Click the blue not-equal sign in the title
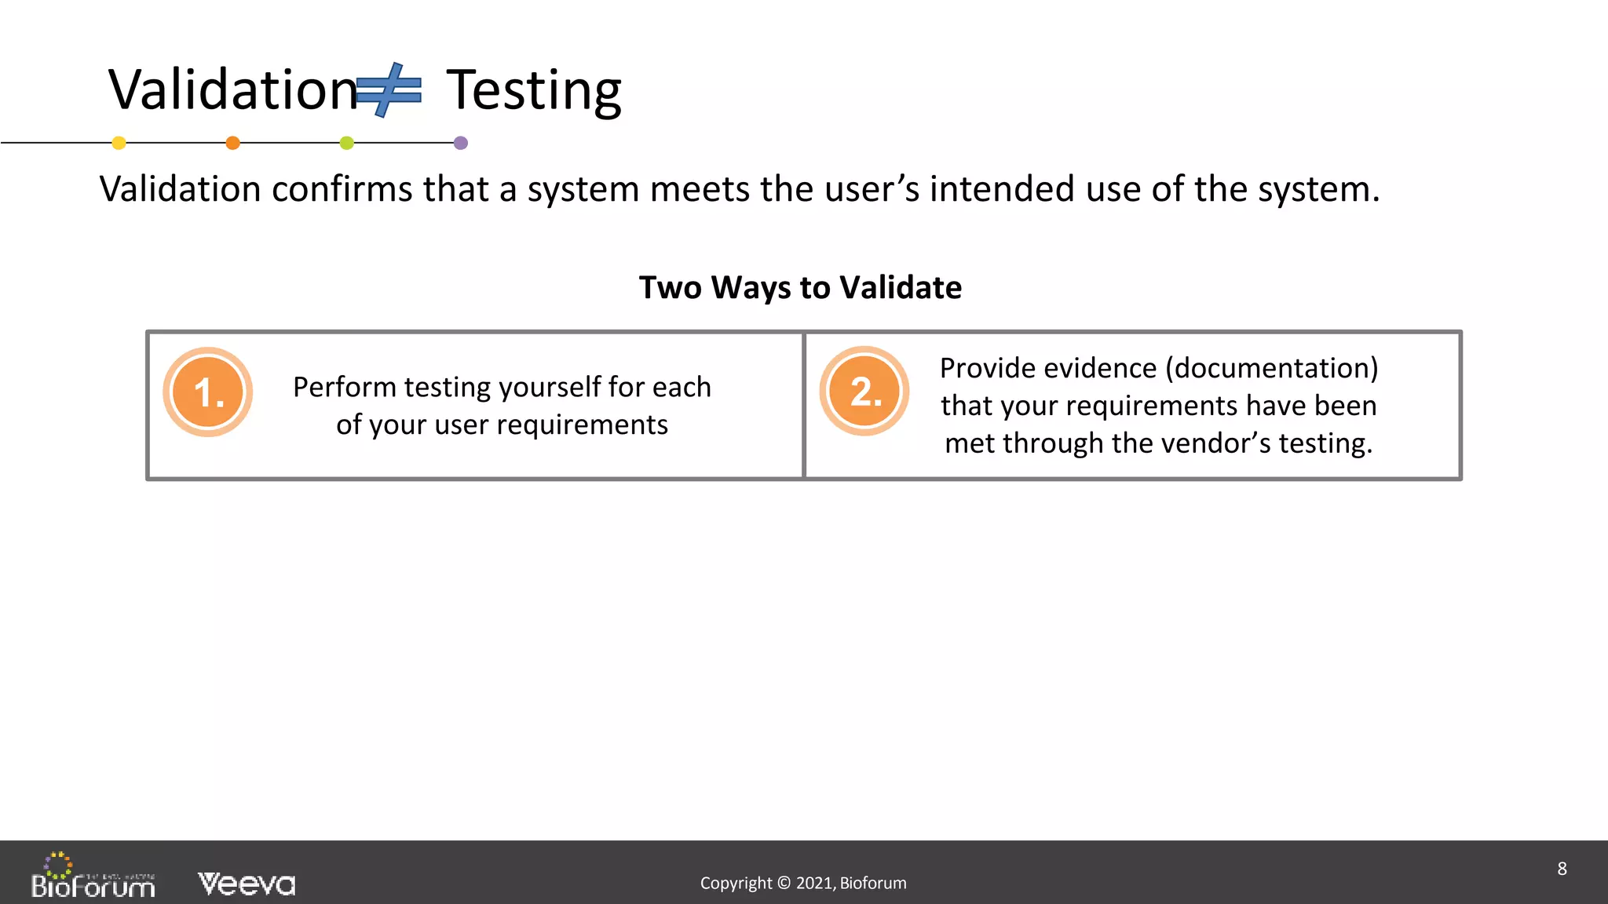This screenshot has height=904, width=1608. tap(389, 90)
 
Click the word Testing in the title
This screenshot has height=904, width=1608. tap(534, 91)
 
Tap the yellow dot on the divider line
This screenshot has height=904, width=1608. tap(119, 143)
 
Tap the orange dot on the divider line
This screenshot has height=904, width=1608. tap(232, 143)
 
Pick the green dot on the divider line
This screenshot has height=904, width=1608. tap(347, 143)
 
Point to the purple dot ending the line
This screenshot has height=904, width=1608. tap(461, 143)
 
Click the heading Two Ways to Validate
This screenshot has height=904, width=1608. tap(800, 287)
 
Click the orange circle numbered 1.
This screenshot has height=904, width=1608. tap(208, 392)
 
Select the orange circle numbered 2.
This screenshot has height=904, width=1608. tap(864, 391)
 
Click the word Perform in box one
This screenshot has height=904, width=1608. tap(344, 387)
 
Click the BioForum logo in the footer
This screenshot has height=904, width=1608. tap(93, 877)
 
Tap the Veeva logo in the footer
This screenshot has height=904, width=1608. tap(247, 884)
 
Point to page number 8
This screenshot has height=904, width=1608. tap(1562, 869)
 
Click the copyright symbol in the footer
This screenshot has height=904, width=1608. tap(784, 883)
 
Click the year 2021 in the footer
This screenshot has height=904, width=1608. tap(815, 883)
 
